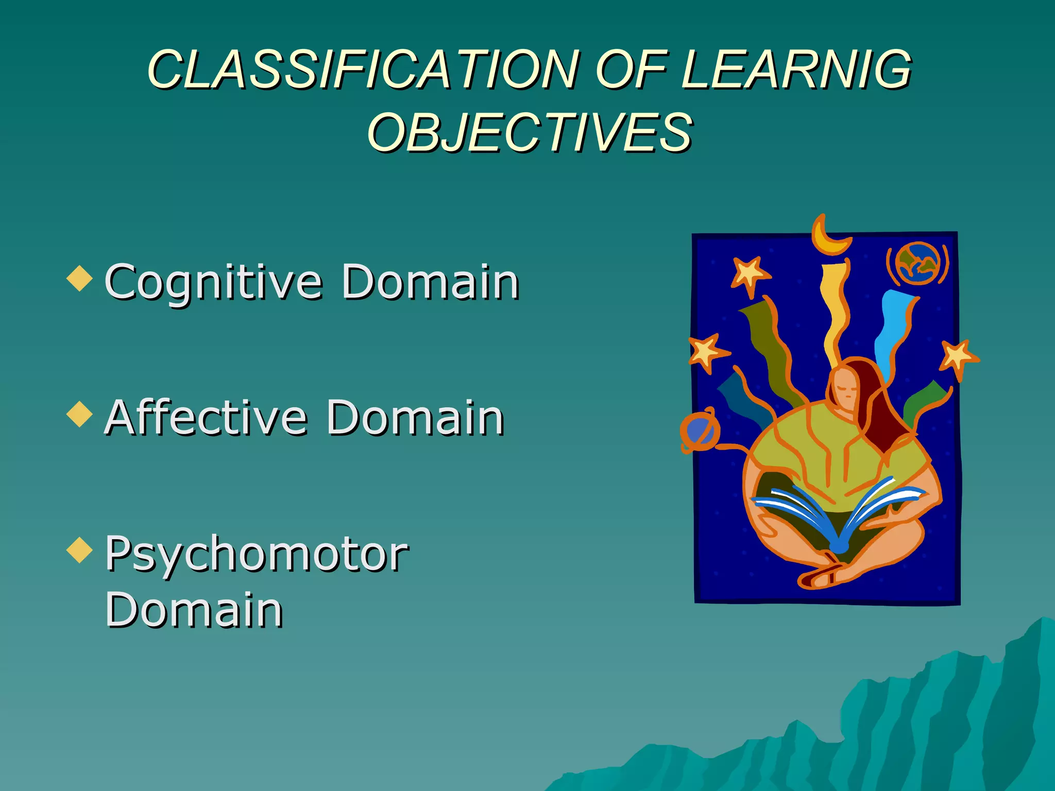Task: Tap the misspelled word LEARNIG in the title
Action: click(x=796, y=70)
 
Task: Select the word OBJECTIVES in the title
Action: click(x=529, y=133)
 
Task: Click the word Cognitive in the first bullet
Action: click(x=214, y=282)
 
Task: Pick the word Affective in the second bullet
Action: click(x=206, y=418)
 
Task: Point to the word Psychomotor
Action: click(x=257, y=554)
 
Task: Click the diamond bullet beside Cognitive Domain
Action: click(x=80, y=278)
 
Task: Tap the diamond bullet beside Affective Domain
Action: click(x=80, y=414)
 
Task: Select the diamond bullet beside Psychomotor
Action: click(x=80, y=549)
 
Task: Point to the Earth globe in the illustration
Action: click(x=918, y=263)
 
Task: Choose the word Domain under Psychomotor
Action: click(x=194, y=610)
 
